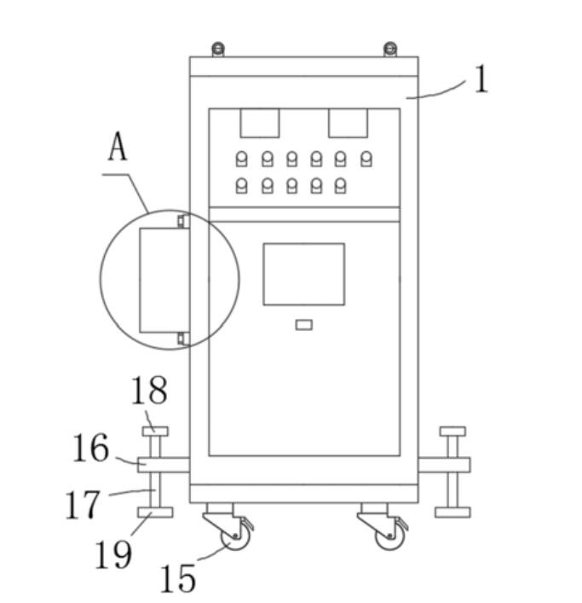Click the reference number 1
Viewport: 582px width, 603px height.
coord(481,79)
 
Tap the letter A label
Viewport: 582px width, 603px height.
coord(118,148)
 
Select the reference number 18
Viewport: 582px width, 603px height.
coord(148,391)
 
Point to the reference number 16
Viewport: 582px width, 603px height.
coord(89,449)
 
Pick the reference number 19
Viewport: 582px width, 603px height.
coord(113,554)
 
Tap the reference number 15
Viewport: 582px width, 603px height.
coord(178,579)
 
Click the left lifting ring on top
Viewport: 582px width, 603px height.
coord(218,48)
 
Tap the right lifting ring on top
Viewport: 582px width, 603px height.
coord(389,48)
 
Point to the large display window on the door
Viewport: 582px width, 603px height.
coord(303,274)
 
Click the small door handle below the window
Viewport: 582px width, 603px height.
coord(303,324)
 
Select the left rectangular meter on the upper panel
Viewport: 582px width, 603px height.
coord(259,123)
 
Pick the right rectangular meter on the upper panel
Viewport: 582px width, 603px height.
coord(348,123)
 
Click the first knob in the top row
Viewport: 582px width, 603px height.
coord(242,159)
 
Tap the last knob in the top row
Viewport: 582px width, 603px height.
coord(366,159)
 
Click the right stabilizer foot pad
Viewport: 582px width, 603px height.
coord(452,512)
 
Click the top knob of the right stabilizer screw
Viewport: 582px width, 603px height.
coord(452,432)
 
